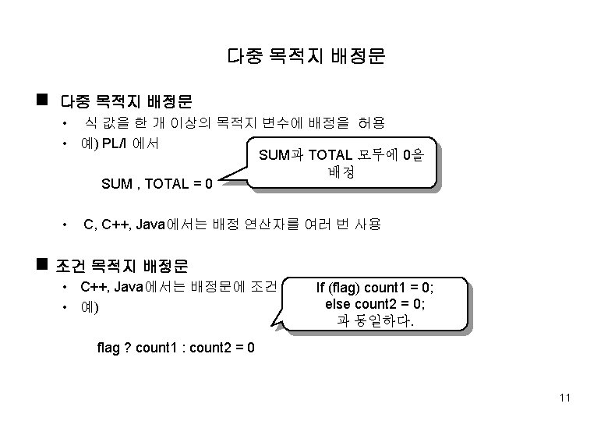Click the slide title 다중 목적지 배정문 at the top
pos(306,56)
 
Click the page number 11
pos(565,398)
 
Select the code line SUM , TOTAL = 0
pos(157,184)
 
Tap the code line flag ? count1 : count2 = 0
pos(175,346)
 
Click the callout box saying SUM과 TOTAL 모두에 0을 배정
pos(341,164)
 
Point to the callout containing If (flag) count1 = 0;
pos(375,303)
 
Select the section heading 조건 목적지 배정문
pos(122,266)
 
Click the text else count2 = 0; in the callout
pos(376,303)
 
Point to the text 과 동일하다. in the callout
pos(376,320)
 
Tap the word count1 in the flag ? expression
pos(156,346)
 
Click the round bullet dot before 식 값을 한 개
pos(65,124)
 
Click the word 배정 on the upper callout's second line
pos(341,172)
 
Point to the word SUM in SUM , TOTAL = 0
pos(117,184)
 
